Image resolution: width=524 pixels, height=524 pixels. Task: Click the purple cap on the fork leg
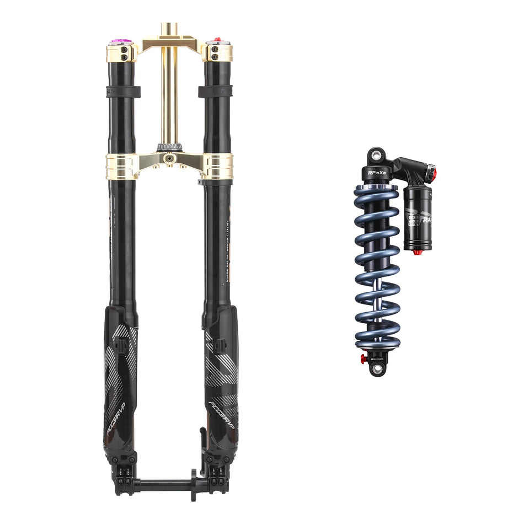[x=119, y=41]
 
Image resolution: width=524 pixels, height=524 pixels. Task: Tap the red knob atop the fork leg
[x=216, y=40]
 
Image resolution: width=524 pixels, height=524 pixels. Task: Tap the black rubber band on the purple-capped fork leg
[x=122, y=91]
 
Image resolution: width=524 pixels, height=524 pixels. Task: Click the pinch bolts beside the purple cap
[x=125, y=52]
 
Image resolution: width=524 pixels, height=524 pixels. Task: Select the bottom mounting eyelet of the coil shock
[x=377, y=369]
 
